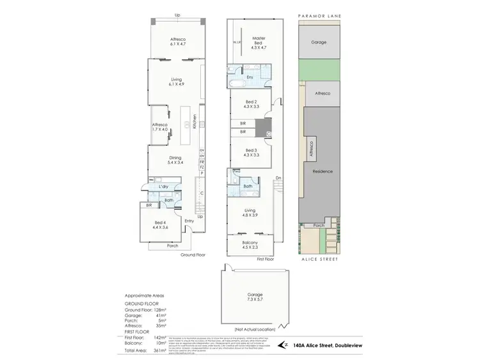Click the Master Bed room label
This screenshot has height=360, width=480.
click(258, 43)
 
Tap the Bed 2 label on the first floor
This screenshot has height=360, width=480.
click(251, 105)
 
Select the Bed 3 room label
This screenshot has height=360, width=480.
click(251, 152)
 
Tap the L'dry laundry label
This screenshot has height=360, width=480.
click(164, 186)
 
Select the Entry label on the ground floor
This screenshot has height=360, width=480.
click(189, 221)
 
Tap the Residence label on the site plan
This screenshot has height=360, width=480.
click(321, 171)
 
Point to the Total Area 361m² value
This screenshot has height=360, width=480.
click(161, 351)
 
